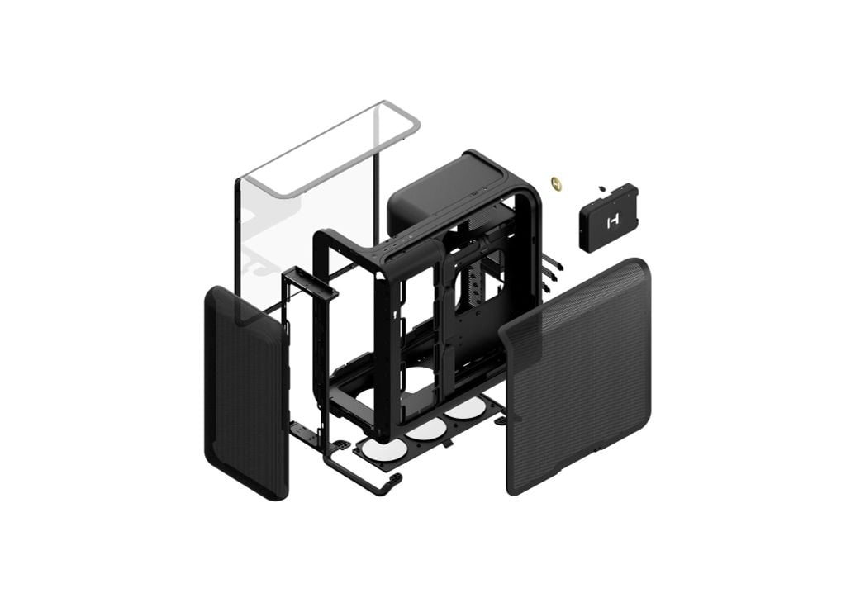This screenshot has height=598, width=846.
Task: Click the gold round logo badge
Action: click(556, 181)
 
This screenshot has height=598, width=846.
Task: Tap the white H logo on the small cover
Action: click(612, 221)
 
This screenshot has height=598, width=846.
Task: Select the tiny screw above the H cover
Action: click(603, 188)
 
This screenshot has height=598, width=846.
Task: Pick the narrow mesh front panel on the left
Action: click(245, 392)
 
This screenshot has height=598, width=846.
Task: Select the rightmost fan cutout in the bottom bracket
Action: click(466, 410)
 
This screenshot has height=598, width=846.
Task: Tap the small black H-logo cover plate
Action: click(608, 217)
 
